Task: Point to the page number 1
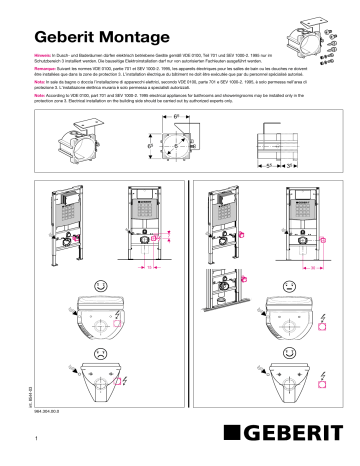pyautogui.click(x=37, y=438)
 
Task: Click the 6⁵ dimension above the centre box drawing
pyautogui.click(x=178, y=118)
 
